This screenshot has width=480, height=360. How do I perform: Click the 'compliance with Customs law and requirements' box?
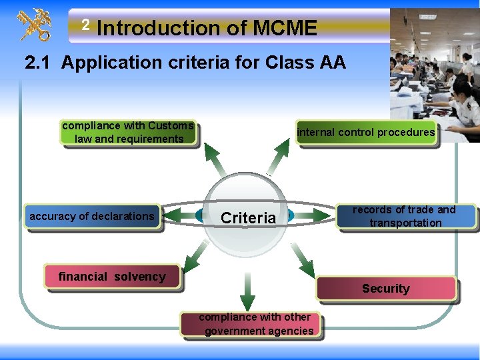point(128,132)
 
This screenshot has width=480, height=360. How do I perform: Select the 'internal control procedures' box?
point(366,132)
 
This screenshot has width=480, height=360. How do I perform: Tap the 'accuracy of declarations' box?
point(92,216)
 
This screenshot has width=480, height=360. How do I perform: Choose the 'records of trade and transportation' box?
point(405,217)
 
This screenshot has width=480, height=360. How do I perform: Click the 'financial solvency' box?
point(112,276)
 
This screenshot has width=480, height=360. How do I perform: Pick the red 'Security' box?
point(386,289)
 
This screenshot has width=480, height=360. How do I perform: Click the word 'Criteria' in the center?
point(248,217)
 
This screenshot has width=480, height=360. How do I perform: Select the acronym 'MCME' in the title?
point(285,28)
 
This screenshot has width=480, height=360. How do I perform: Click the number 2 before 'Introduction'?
point(85,25)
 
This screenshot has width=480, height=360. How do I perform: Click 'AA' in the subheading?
point(331,63)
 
